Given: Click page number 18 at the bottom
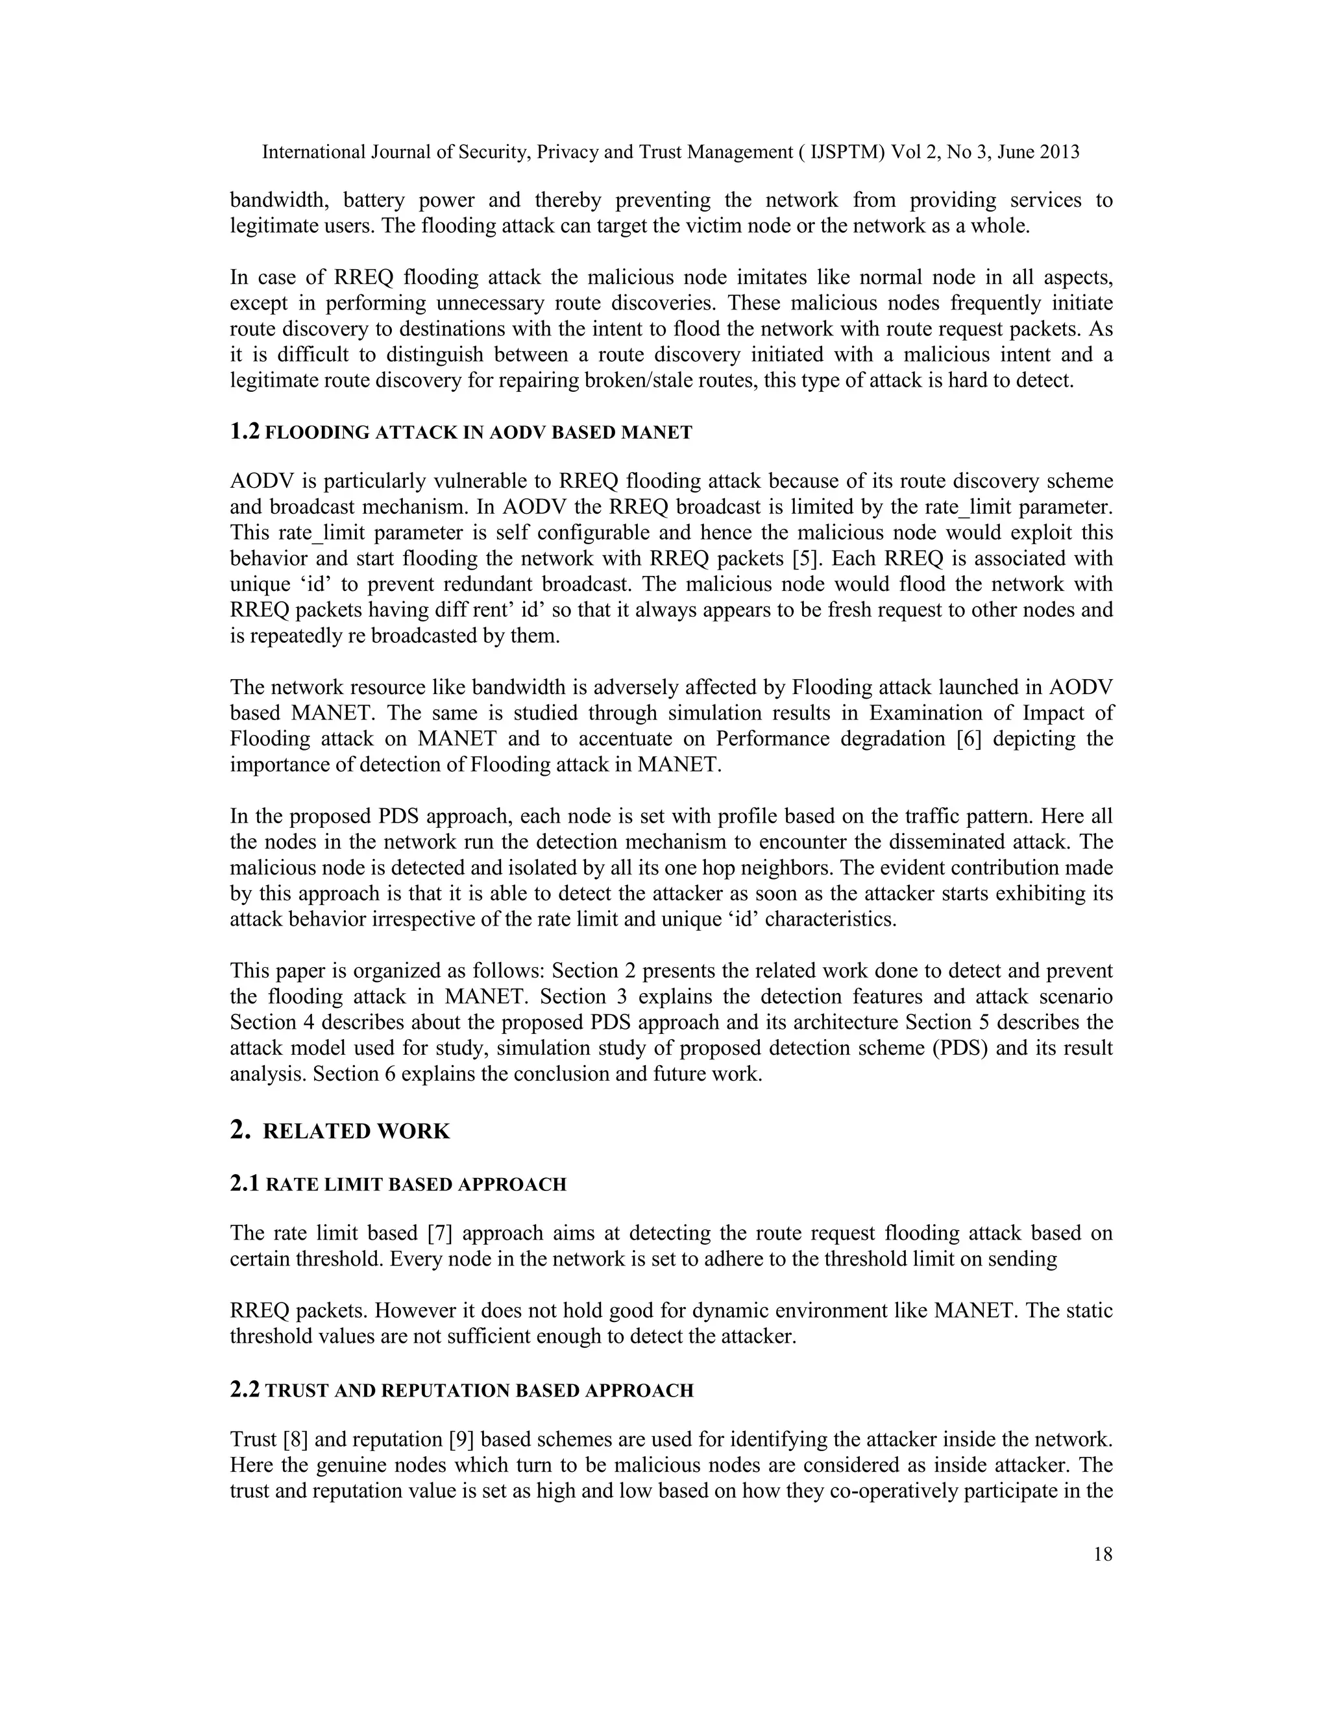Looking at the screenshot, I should pyautogui.click(x=1103, y=1554).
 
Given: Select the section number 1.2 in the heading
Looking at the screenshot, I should pyautogui.click(x=245, y=431).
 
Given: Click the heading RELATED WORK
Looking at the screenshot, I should pyautogui.click(x=356, y=1131).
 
